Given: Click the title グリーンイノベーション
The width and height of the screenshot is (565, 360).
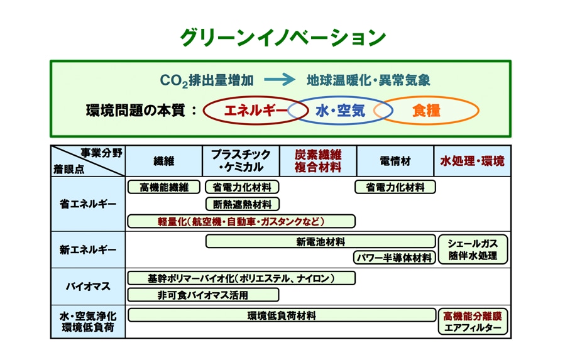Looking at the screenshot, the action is point(283,38).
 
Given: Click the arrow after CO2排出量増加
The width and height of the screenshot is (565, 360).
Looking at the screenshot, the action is point(280,79).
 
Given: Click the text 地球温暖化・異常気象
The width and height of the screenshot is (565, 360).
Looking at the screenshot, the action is point(368,80).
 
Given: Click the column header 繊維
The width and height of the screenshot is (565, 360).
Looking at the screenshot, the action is point(163,161).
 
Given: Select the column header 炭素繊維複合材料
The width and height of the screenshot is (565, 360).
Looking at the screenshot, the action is point(318,161).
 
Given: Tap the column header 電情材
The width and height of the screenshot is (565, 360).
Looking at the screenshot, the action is point(395,161).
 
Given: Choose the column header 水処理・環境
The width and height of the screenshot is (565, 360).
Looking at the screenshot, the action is point(472,161).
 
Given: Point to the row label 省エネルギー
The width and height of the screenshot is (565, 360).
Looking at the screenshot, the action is point(88,204).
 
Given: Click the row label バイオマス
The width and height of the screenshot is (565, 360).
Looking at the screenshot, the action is point(88,286).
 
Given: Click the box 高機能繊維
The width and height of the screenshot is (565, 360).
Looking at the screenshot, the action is point(164,187).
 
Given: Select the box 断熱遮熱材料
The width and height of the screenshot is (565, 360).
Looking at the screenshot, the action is point(243,204).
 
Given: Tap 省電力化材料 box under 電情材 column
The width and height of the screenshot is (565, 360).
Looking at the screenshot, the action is point(395,187).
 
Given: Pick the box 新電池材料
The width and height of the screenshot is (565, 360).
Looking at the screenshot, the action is point(321,241).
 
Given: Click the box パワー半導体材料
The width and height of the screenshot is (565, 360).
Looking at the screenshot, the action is point(395,258).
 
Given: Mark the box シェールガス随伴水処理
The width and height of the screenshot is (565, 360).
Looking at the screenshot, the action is point(473,249).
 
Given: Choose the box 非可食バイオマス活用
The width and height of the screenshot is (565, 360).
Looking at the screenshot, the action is point(203,295).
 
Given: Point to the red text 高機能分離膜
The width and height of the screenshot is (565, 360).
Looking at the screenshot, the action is point(473,316).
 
